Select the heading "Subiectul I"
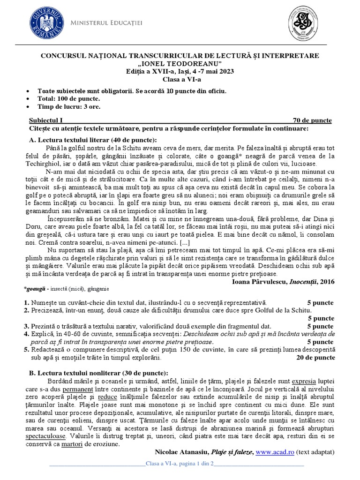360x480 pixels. tap(49, 120)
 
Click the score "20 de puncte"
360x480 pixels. tap(316, 357)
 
